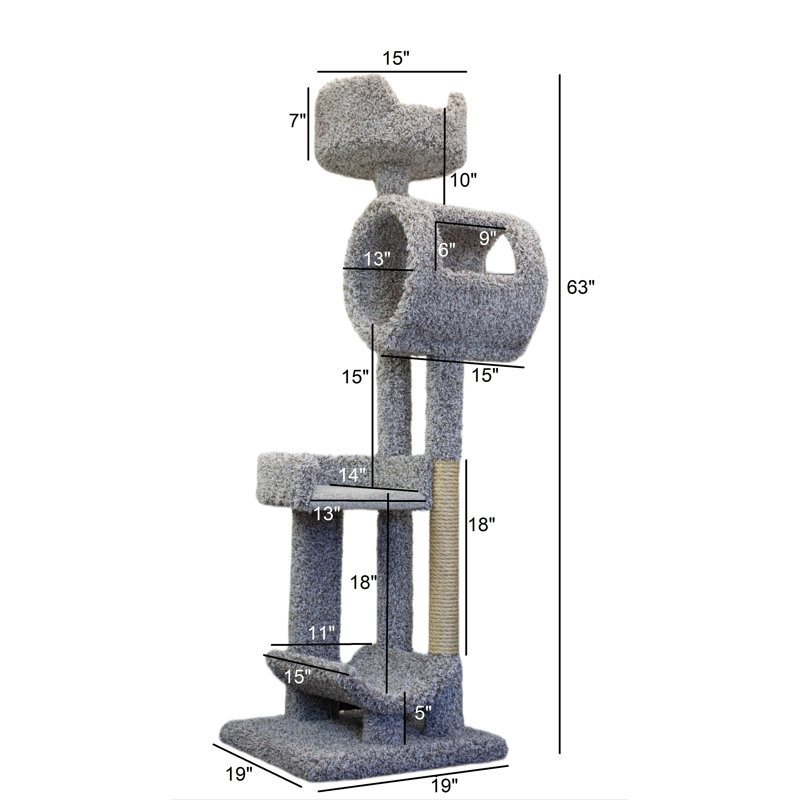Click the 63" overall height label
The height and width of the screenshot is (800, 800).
(580, 288)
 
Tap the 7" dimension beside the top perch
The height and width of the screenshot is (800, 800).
(296, 121)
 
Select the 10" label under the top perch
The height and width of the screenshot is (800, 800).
(463, 180)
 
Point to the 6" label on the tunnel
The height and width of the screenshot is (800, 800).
(447, 250)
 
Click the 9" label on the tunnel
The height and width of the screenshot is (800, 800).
(487, 238)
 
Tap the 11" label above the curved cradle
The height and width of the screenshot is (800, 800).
(321, 633)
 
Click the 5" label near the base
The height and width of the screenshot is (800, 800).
(422, 714)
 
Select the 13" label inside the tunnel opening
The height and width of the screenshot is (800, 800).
(377, 259)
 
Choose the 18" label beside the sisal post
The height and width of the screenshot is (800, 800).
(480, 524)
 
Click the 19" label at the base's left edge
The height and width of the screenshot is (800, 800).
(238, 773)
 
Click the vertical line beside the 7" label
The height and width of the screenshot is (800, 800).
(307, 123)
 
